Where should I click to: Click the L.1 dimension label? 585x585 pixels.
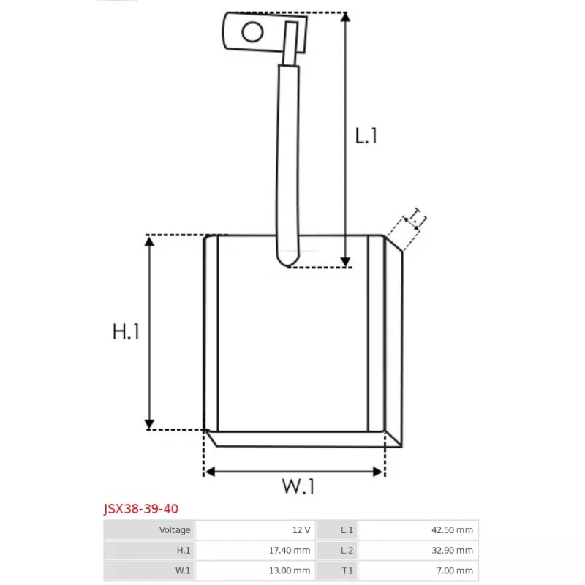pos(366,136)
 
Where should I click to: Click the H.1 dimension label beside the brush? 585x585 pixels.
pos(126,332)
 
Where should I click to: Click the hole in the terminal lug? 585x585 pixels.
pos(252,31)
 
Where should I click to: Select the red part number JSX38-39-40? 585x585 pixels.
pos(140,508)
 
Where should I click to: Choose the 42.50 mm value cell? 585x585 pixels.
pos(418,530)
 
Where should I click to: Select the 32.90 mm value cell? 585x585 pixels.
pos(418,550)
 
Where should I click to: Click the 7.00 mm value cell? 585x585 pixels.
pos(418,570)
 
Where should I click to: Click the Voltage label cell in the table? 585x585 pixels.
pos(150,530)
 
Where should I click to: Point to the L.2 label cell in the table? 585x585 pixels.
pos(337,550)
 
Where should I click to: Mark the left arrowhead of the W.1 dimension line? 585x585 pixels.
pos(209,472)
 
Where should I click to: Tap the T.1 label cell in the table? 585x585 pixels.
pos(337,570)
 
